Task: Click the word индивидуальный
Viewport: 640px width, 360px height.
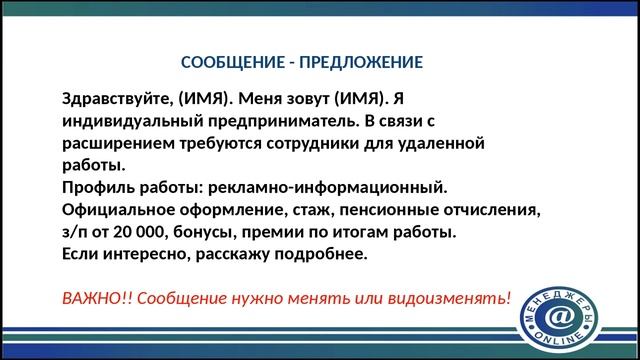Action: coord(125,121)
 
